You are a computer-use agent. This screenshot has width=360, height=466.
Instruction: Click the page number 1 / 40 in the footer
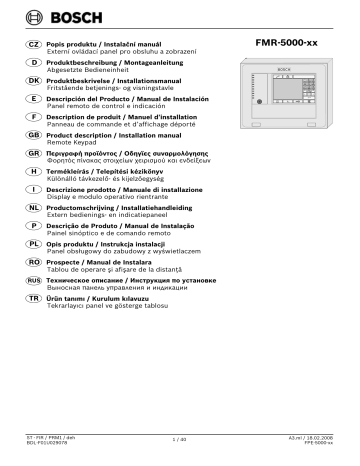click(x=180, y=438)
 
